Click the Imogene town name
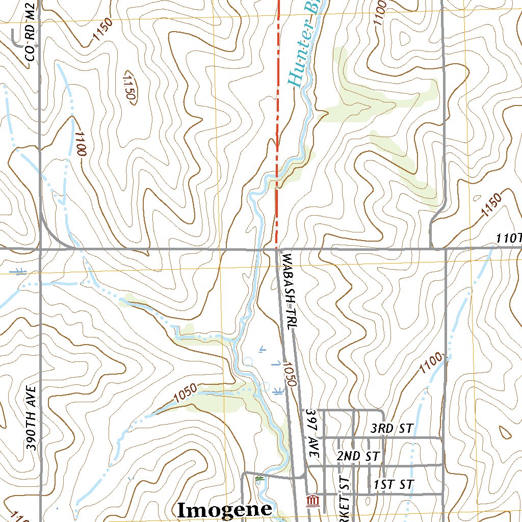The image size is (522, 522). click(x=224, y=509)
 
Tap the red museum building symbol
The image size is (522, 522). click(x=312, y=501)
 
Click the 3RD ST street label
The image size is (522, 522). click(x=391, y=428)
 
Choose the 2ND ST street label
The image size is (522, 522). click(x=358, y=456)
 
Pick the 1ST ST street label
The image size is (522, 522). click(x=393, y=484)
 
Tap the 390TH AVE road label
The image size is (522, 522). click(x=32, y=418)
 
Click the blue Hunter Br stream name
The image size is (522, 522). click(x=303, y=43)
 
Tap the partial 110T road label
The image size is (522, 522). click(x=509, y=239)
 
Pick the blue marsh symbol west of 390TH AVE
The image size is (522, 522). click(x=20, y=271)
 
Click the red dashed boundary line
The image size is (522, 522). click(x=278, y=102)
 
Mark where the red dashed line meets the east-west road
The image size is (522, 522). click(x=277, y=249)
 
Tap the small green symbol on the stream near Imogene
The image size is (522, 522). click(x=260, y=479)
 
